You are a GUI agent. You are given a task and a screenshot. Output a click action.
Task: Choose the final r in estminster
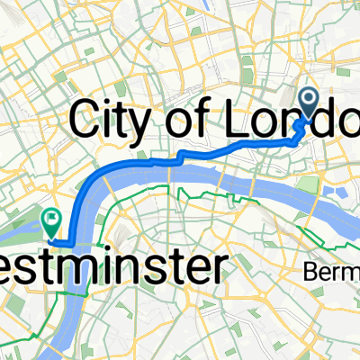(215, 268)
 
